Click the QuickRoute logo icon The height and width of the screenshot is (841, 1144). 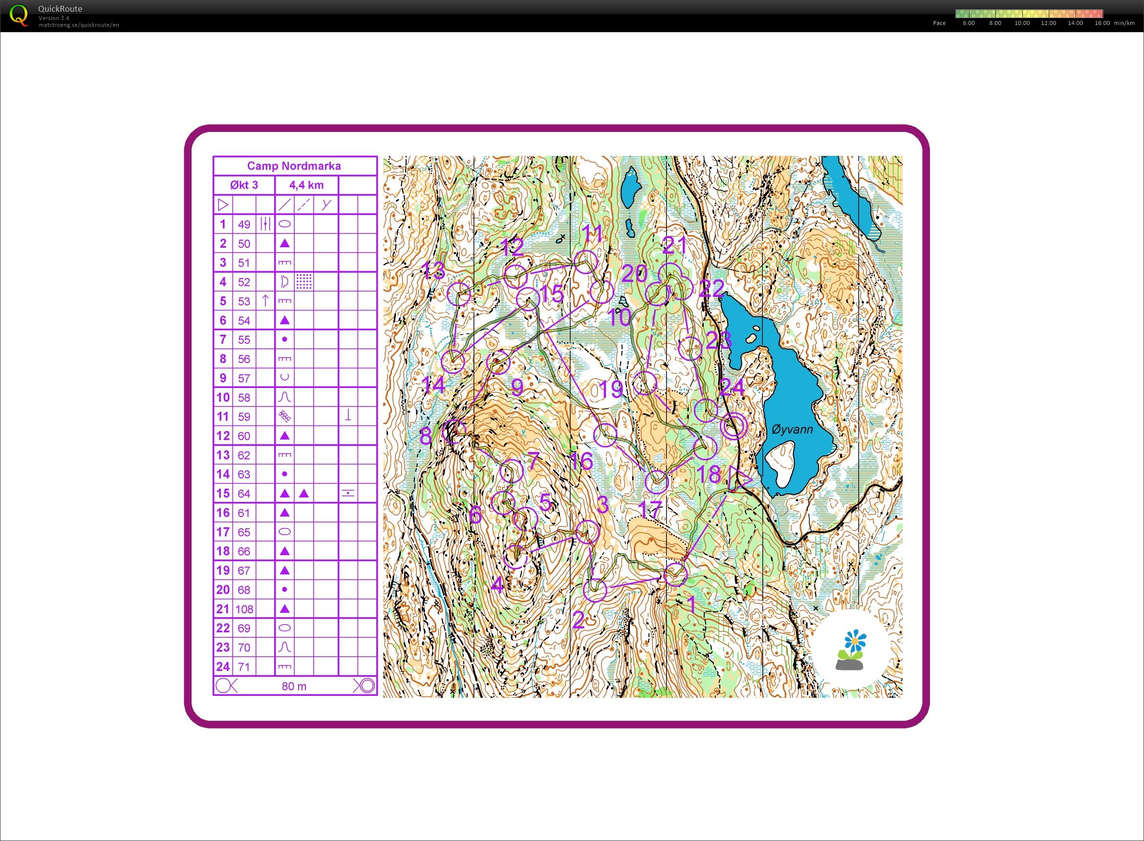19,15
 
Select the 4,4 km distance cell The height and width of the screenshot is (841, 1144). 306,185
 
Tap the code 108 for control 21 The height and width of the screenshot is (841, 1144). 244,609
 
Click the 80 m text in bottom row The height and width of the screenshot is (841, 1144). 294,686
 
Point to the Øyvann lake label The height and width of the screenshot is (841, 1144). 792,430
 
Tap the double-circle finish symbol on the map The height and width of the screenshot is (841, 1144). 734,426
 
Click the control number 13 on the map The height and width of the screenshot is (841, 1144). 434,270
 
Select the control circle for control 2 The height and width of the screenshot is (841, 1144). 595,590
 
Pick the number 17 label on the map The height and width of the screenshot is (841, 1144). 649,509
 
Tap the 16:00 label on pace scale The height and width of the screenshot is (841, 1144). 1102,23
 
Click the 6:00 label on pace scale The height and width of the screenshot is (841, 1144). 969,23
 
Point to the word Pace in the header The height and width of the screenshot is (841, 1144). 939,23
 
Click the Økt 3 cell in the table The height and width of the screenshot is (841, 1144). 244,185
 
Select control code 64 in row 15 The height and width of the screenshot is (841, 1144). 244,493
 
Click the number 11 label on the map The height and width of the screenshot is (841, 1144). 593,234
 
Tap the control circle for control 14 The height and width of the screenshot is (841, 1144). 453,362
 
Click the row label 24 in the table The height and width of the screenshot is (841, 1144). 222,667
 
